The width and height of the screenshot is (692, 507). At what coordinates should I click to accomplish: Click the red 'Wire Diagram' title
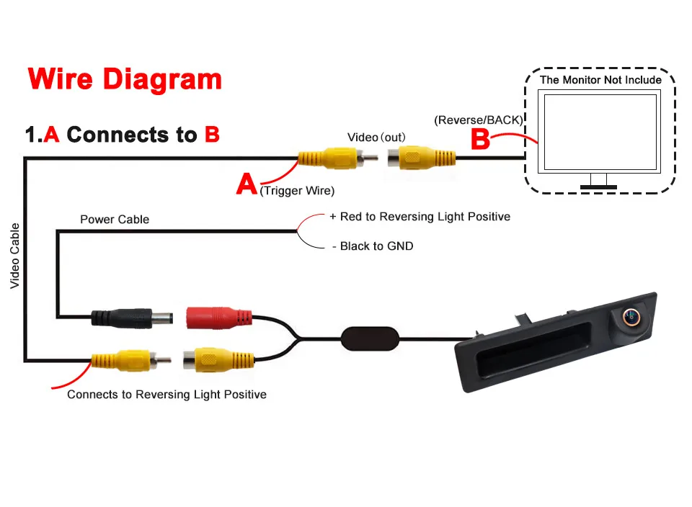124,79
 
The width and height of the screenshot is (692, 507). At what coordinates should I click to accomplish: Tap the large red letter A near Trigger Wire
247,184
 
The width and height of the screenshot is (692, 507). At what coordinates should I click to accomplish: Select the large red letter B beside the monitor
481,139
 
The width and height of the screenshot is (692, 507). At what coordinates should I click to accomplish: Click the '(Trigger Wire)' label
297,191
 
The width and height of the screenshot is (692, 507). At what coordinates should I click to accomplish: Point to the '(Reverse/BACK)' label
479,120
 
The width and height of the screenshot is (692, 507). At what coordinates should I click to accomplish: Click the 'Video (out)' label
376,137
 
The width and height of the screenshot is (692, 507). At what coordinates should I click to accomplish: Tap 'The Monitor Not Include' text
600,80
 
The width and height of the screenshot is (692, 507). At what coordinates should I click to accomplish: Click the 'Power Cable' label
115,219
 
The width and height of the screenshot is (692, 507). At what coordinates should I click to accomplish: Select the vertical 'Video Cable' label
14,256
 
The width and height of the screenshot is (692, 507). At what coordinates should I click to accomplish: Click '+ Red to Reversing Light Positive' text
420,216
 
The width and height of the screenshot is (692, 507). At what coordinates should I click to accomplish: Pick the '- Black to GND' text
373,246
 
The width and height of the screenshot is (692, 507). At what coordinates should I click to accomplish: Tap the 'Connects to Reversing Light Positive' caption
167,395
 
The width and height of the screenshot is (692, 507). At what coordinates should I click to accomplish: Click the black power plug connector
130,316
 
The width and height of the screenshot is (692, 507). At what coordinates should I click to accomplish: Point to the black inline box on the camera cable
369,337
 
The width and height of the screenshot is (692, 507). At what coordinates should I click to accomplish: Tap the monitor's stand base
598,187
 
